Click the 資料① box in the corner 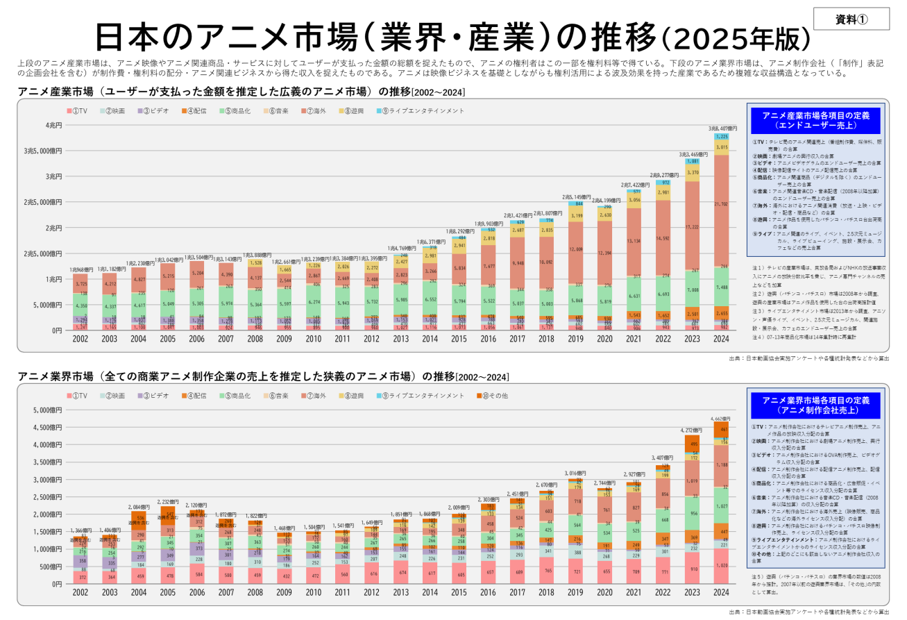point(850,19)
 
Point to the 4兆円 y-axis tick point(53,126)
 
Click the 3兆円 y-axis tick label point(53,176)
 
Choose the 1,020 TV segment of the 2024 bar point(722,566)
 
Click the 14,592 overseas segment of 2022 point(661,239)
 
